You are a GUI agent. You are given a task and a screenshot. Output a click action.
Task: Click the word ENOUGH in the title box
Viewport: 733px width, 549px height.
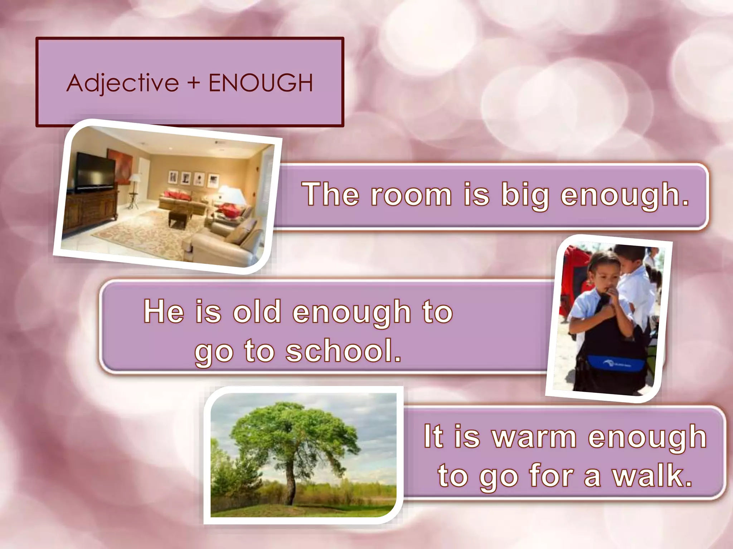[261, 83]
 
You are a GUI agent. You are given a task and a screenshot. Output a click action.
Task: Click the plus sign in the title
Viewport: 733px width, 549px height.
[194, 83]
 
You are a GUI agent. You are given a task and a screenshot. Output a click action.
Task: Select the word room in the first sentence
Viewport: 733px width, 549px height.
[411, 195]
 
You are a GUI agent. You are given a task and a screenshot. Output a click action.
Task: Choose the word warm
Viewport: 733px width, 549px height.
[534, 437]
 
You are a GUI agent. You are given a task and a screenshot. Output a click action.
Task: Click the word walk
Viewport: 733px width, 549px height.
[652, 476]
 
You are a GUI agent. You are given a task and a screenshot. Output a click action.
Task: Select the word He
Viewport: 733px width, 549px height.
[164, 311]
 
